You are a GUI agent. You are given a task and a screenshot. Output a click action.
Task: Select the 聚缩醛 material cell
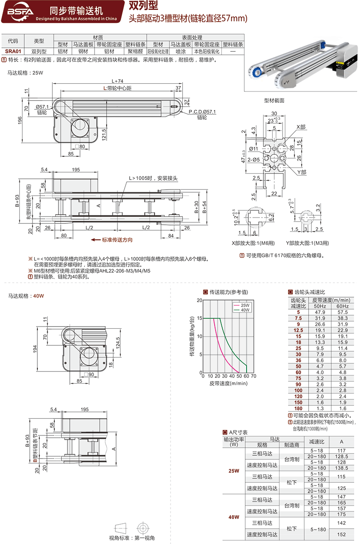point(135,51)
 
